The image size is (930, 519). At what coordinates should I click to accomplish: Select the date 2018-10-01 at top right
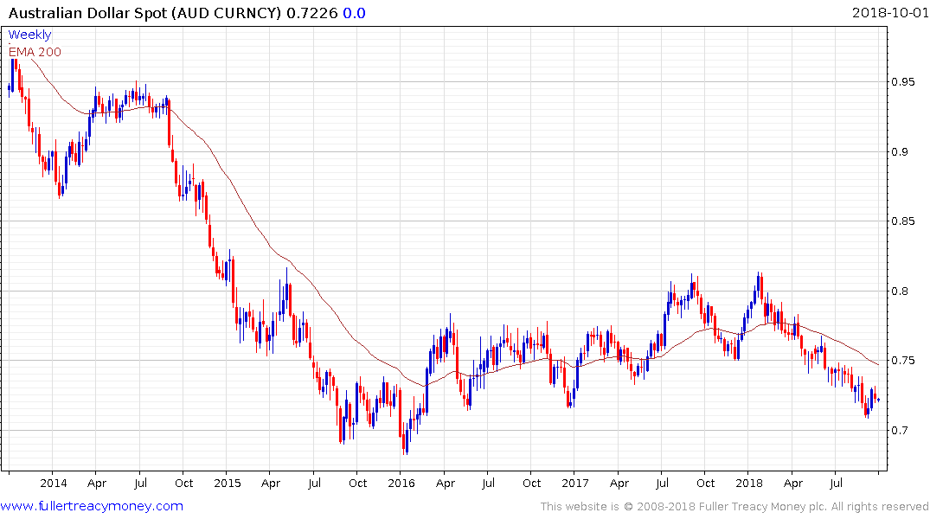889,13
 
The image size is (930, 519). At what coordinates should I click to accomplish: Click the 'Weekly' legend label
29,35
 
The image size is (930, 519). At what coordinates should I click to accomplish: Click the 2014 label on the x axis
53,484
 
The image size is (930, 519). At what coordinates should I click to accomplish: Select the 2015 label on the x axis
227,484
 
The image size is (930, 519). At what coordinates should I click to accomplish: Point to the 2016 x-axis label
401,484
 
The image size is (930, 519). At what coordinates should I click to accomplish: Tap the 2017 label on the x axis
575,484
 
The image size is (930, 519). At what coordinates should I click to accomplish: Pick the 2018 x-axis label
749,484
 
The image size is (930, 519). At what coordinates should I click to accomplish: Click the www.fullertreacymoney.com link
92,506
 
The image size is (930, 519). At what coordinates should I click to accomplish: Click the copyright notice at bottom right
734,506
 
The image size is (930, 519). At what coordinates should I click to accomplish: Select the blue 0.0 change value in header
354,13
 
